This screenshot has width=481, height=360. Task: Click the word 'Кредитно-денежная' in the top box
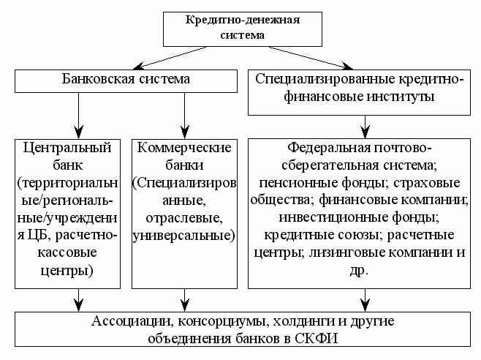coord(243,20)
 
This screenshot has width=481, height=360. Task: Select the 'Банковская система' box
coord(126,81)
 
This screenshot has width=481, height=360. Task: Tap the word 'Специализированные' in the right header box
coord(325,79)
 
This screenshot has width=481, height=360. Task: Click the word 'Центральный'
coord(67,149)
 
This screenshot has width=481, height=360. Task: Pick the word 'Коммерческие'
coord(184,148)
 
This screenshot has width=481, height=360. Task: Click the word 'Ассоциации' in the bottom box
coord(130,321)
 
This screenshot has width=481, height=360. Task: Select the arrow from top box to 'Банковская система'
coord(170,58)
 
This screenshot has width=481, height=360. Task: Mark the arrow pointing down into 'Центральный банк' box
coord(79,116)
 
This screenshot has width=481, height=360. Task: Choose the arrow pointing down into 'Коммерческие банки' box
coord(185,116)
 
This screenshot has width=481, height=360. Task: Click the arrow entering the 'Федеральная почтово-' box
coord(365,127)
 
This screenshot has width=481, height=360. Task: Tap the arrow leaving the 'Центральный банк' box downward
coord(79,300)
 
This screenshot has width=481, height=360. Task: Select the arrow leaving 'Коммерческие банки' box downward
coord(185,300)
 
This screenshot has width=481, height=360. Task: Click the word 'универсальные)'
coord(184,236)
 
